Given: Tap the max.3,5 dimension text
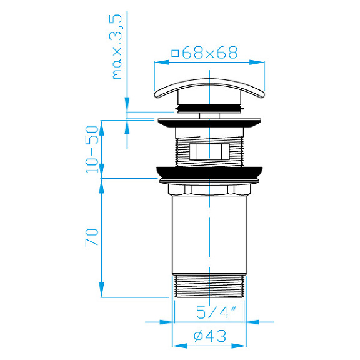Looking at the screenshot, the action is point(117,47).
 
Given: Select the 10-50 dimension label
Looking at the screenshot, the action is point(92,149).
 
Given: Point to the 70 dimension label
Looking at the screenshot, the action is point(92,237).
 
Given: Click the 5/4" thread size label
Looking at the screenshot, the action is point(216,312).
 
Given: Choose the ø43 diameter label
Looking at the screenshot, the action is point(210,336).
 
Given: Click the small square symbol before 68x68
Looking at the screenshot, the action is point(175,54).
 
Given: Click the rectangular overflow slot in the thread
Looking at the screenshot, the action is point(209,151).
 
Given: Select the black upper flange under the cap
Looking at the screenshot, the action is point(209,123).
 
